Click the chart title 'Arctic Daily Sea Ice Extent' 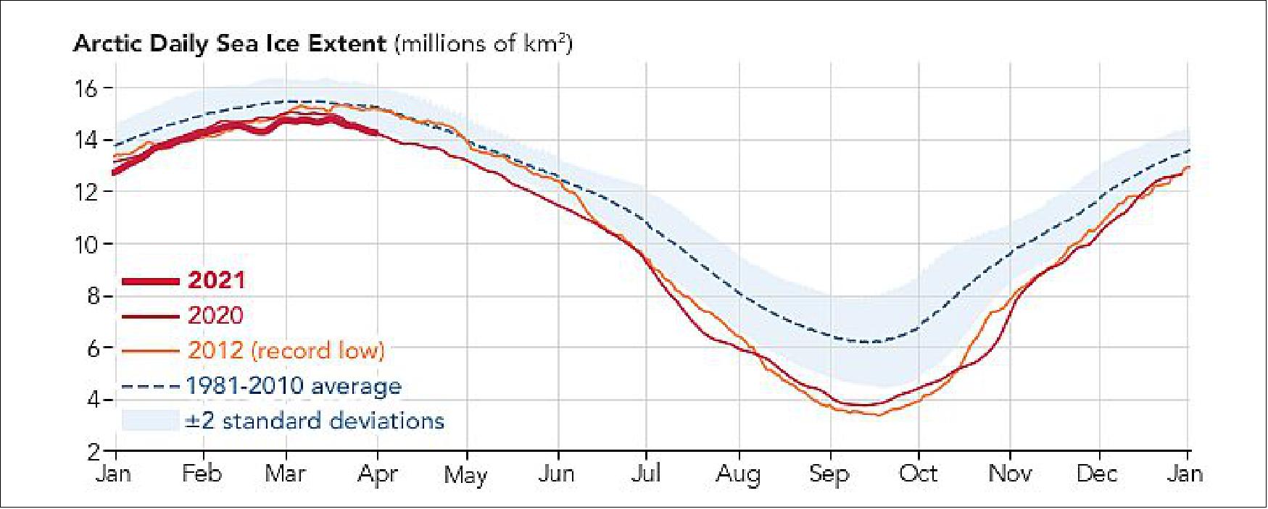point(230,44)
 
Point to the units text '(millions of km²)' point(484,44)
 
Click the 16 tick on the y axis point(86,89)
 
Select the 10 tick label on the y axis point(86,245)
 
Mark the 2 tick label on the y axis point(93,453)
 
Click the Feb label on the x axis point(202,474)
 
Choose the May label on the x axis point(465,476)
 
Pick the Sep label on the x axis point(829,476)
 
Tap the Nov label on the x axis point(1010,474)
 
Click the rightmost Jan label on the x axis point(1186,474)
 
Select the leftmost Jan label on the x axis point(114,474)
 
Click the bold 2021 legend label point(216,281)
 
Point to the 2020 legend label point(216,316)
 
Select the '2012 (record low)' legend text point(286,350)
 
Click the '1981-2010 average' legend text point(294,386)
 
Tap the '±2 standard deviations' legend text point(314,421)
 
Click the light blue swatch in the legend point(150,421)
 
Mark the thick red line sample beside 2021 point(150,281)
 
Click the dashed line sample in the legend point(150,386)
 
